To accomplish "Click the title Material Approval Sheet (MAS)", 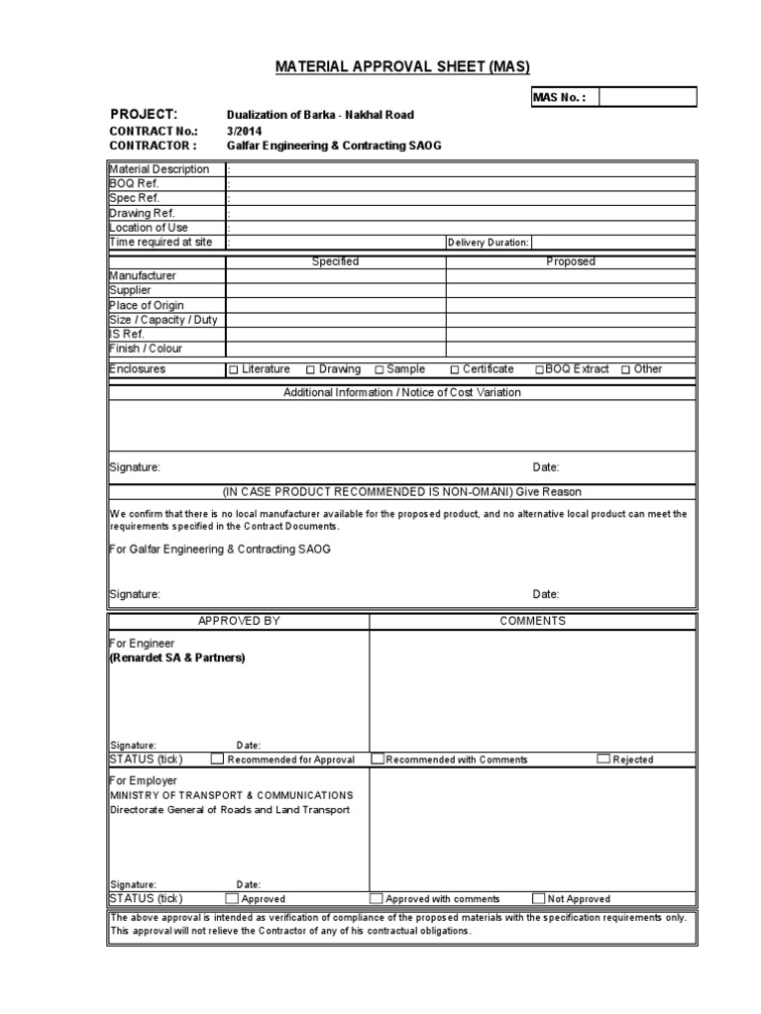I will pos(402,66).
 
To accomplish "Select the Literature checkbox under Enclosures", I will pos(234,370).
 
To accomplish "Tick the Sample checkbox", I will pos(380,370).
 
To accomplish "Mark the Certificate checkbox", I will pos(455,370).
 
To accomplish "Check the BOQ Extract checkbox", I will pos(540,370).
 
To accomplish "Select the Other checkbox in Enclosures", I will pos(626,370).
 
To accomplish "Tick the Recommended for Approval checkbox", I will pos(218,760).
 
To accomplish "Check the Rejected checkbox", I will pos(603,760).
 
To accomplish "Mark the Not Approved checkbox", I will pos(538,899).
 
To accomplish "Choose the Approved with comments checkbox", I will pos(377,899).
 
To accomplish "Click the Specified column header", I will pos(335,261).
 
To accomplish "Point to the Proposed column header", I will pos(571,261).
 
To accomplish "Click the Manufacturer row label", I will pos(143,275).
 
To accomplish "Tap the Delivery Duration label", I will pos(489,243).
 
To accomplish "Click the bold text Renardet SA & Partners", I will pos(177,658).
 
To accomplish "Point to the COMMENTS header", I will pos(532,621).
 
